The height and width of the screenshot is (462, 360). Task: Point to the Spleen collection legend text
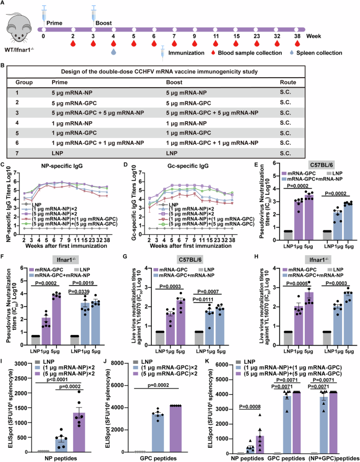[x=321, y=53]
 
